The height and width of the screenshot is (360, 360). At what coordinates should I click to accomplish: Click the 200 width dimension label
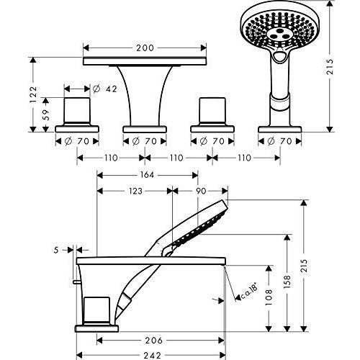145,48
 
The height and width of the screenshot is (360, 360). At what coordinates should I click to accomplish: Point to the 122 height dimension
33,94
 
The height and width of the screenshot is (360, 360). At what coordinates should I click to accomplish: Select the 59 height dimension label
45,114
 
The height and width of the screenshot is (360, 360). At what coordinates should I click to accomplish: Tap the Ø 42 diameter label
105,89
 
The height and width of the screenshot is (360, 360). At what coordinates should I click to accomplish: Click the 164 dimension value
147,175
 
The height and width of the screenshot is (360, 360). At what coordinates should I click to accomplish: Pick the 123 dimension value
135,191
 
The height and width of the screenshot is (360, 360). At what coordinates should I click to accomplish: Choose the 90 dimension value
201,191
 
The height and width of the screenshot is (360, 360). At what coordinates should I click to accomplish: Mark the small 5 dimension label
56,251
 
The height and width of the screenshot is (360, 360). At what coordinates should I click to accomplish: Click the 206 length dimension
153,340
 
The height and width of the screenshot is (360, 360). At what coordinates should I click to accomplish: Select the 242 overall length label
153,355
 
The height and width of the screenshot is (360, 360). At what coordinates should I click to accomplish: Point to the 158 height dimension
287,282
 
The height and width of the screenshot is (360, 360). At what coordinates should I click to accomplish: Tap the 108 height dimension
269,297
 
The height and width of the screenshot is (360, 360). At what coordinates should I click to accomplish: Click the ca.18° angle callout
249,291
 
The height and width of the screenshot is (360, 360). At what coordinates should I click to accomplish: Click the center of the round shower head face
279,35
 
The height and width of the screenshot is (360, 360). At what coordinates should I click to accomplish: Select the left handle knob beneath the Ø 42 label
77,111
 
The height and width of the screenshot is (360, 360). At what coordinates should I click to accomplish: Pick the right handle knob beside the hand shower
212,111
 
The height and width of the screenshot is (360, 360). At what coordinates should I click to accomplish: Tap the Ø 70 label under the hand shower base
279,141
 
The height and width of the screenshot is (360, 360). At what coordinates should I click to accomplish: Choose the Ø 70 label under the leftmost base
77,141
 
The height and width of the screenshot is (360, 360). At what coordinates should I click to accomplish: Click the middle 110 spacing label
176,158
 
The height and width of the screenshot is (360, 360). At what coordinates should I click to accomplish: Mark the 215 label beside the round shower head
330,67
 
